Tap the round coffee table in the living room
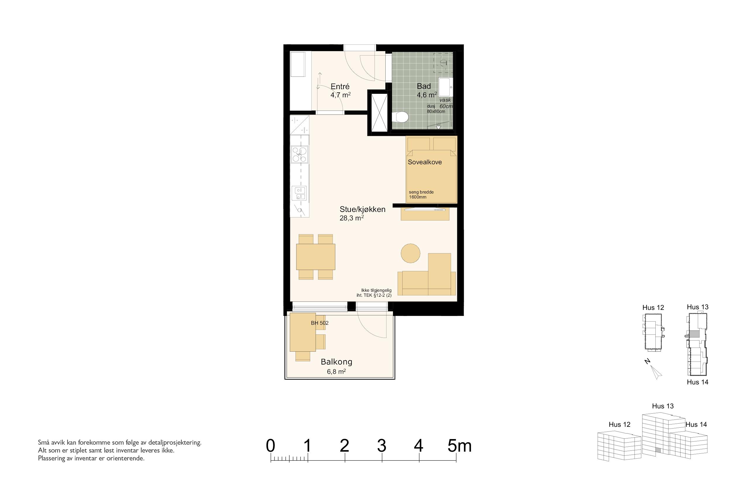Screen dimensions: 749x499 [410, 253]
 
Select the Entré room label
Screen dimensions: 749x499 [340, 87]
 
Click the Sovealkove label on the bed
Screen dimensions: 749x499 [425, 162]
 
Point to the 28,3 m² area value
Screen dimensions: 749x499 [352, 218]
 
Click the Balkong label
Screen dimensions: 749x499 [336, 362]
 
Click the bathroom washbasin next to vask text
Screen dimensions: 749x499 [446, 87]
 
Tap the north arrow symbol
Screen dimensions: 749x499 [657, 373]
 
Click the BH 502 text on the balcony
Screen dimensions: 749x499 [320, 323]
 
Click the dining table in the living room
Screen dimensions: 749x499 [316, 257]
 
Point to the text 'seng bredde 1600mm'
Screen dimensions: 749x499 [421, 194]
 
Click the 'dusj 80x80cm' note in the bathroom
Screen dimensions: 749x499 [436, 109]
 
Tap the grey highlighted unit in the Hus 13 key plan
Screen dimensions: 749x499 [695, 334]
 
